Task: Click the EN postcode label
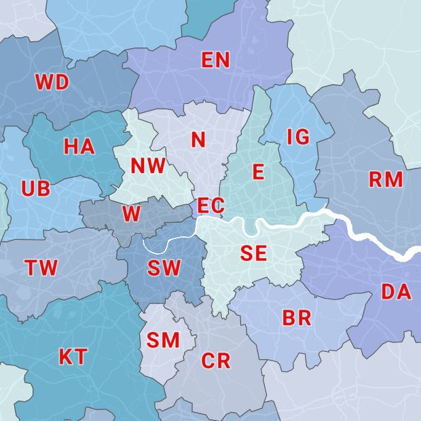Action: pos(216,60)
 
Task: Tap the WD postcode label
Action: pos(52,83)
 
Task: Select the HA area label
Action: pos(79,147)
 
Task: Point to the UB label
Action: pos(35,189)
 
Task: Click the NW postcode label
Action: pos(148,166)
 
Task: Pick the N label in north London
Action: pos(198,140)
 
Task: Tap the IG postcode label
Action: pos(298,137)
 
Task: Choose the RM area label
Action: pos(386,180)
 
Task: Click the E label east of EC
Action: pos(258,172)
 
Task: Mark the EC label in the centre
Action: pos(210,205)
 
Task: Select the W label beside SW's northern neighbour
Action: pos(132,215)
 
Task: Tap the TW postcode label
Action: pos(41,268)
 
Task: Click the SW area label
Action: pos(164,268)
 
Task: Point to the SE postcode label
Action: pos(253,254)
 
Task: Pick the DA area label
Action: pos(396,292)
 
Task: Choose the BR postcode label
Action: pos(297,318)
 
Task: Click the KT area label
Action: pos(73,356)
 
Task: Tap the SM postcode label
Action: pos(163,340)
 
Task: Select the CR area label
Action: pos(216,361)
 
